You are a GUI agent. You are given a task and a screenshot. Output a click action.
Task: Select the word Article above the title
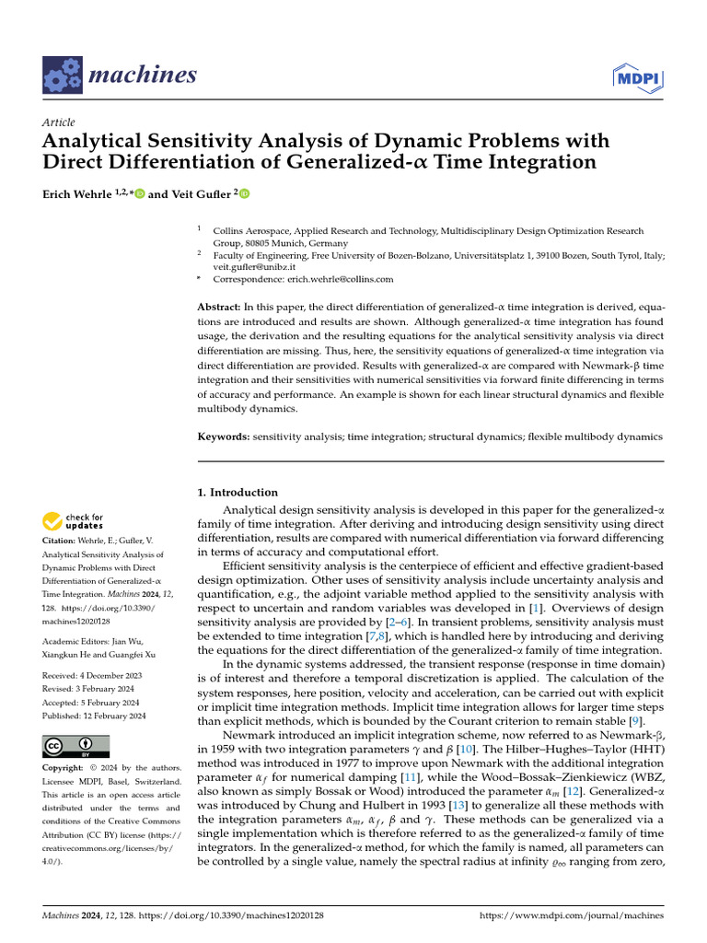coord(59,122)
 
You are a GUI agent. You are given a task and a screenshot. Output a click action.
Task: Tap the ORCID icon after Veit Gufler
coord(245,194)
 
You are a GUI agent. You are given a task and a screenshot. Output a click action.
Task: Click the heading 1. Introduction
coord(238,493)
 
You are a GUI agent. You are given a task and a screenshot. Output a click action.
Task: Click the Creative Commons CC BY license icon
coord(75,746)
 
